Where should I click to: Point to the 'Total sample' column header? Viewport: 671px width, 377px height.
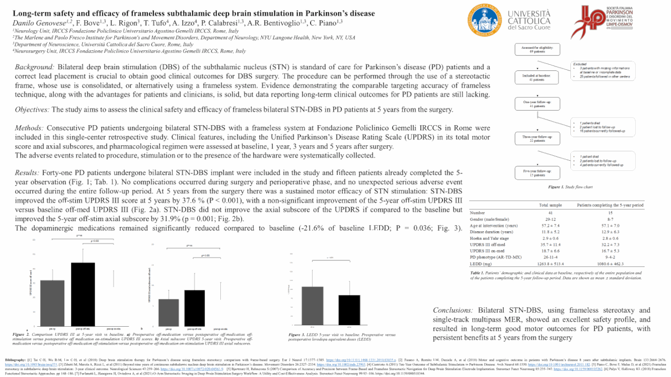click(551, 205)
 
